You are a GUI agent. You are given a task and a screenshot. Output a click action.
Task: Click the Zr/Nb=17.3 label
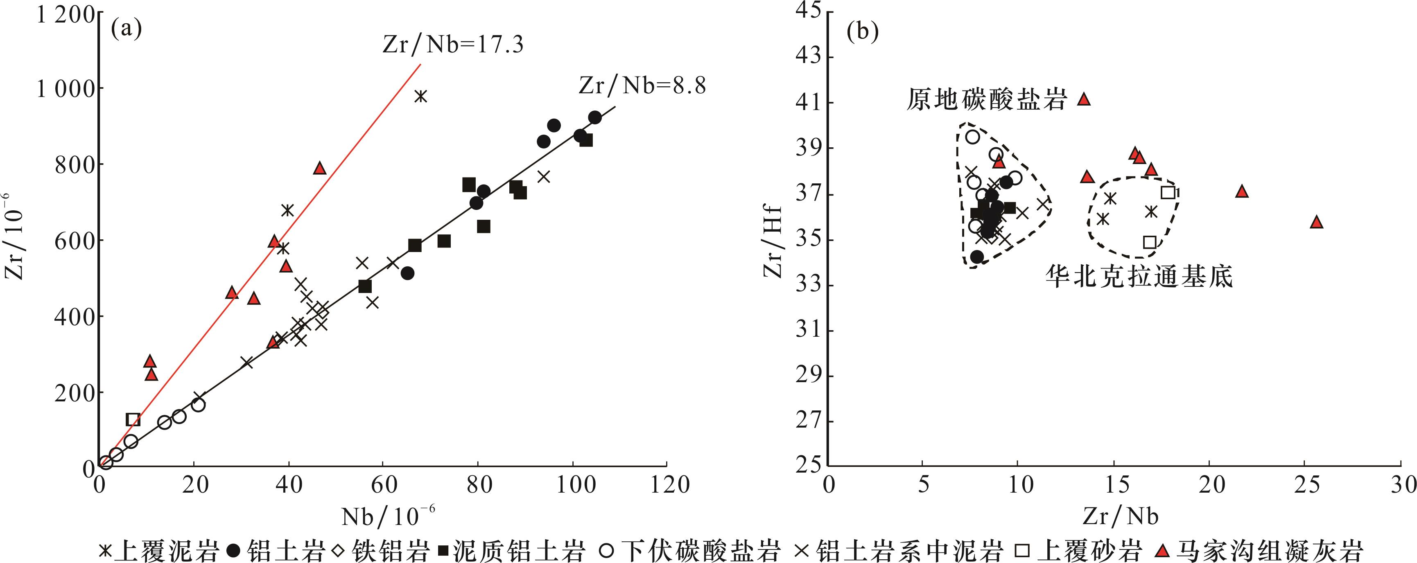pyautogui.click(x=453, y=45)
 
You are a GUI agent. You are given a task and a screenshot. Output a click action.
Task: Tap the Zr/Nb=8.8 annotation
pyautogui.click(x=642, y=86)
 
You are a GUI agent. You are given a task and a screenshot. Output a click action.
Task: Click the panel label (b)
pyautogui.click(x=862, y=32)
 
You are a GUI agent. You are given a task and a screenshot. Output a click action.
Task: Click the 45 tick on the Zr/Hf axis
pyautogui.click(x=808, y=12)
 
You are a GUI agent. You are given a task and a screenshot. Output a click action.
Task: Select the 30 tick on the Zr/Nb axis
pyautogui.click(x=1402, y=485)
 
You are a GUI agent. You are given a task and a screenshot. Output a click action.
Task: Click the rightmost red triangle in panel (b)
pyautogui.click(x=1316, y=222)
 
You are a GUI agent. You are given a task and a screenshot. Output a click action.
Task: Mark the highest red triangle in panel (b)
pyautogui.click(x=1084, y=99)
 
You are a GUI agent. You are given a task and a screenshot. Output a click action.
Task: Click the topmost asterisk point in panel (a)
pyautogui.click(x=421, y=96)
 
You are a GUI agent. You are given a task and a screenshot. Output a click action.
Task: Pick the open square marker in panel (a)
pyautogui.click(x=133, y=419)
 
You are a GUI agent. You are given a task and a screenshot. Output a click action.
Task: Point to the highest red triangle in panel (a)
pyautogui.click(x=320, y=168)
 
